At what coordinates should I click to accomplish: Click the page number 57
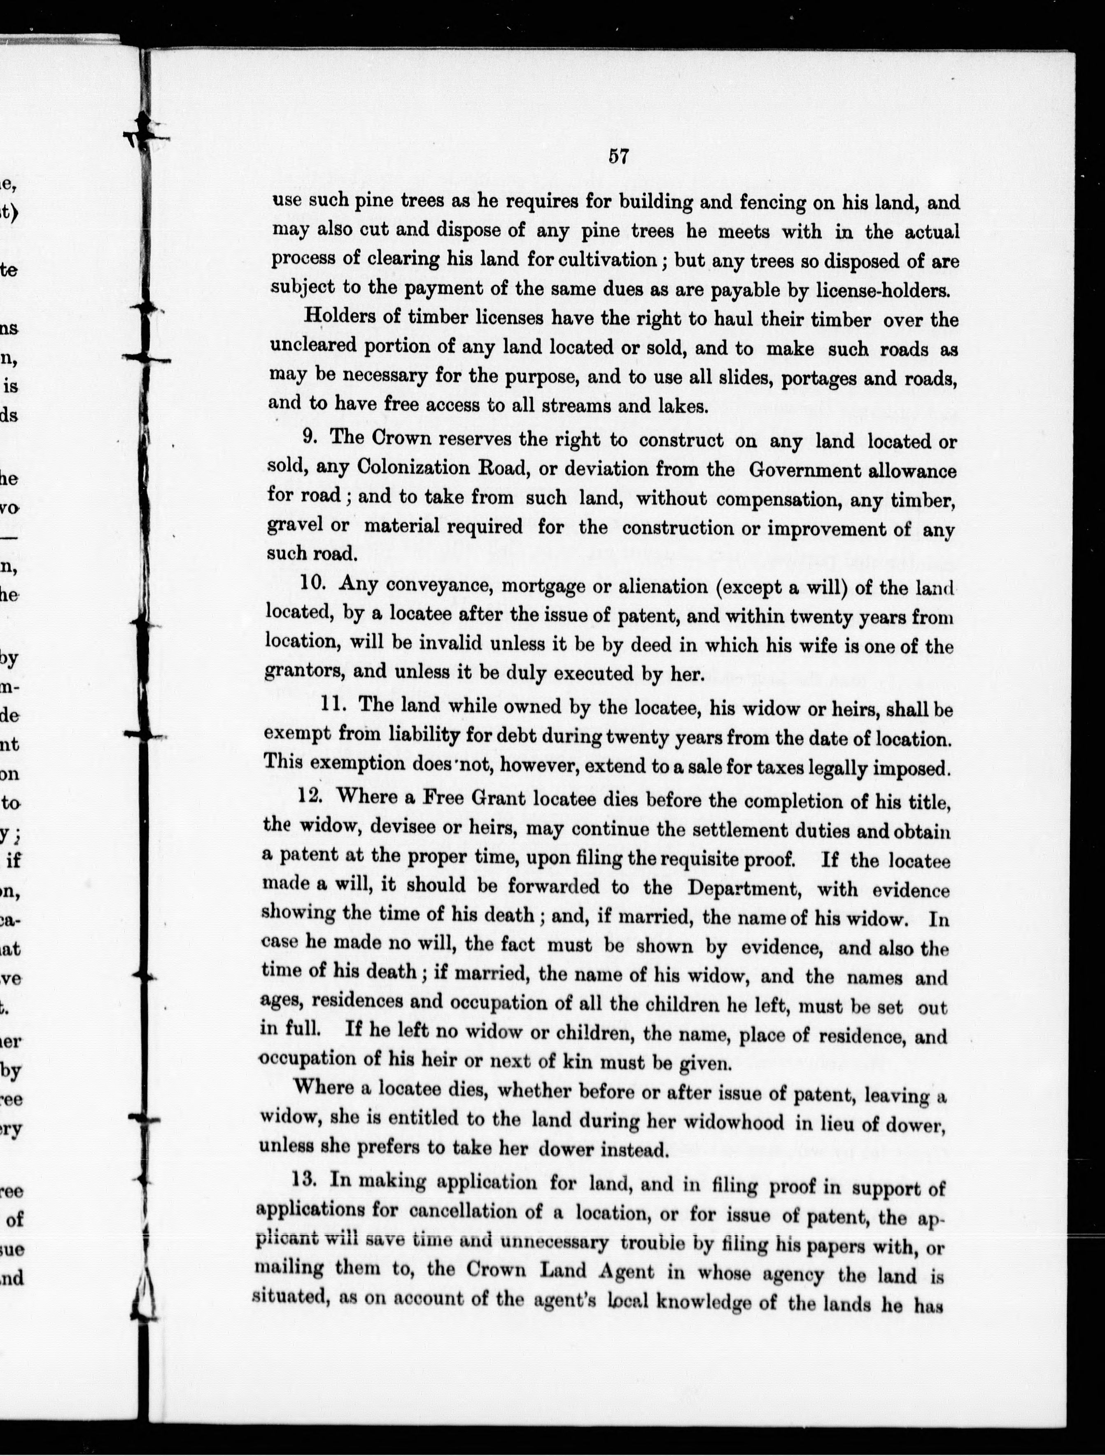pyautogui.click(x=619, y=156)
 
